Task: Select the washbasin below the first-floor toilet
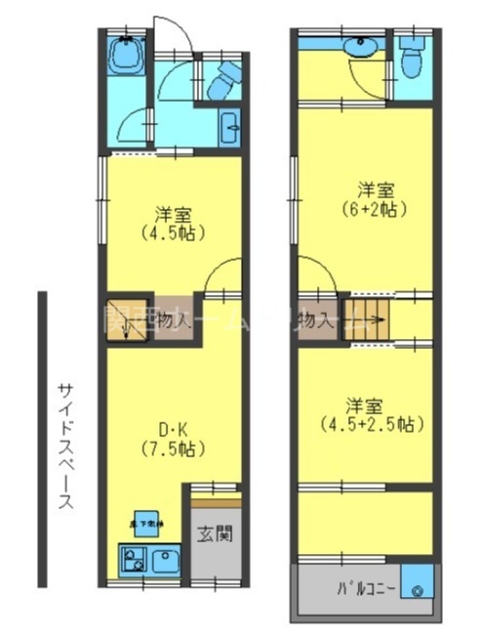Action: [231, 127]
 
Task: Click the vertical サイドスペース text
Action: [65, 445]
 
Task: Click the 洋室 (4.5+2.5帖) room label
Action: [368, 414]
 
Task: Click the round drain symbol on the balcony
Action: [418, 590]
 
